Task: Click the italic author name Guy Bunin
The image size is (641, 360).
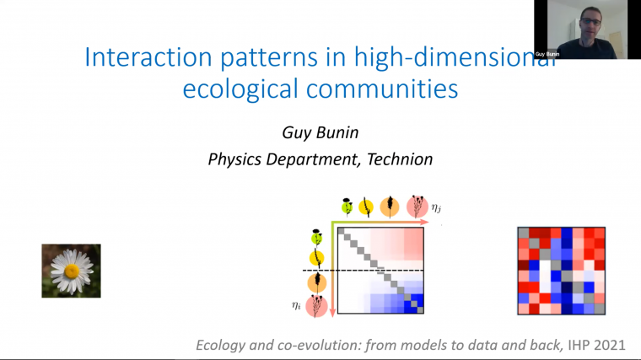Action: pos(320,132)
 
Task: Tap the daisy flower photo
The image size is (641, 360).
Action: pos(72,271)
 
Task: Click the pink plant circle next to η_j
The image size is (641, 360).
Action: pos(416,206)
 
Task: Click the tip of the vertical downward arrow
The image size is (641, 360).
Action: pos(332,314)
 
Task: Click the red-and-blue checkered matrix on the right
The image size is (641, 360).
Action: pos(561,270)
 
